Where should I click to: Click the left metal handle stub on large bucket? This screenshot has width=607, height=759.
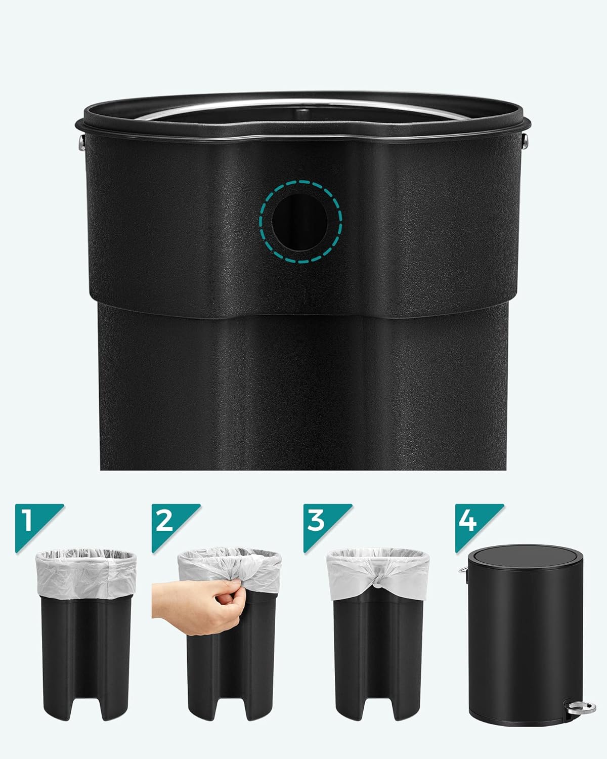tap(80, 143)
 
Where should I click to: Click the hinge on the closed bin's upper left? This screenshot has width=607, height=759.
tap(463, 571)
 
